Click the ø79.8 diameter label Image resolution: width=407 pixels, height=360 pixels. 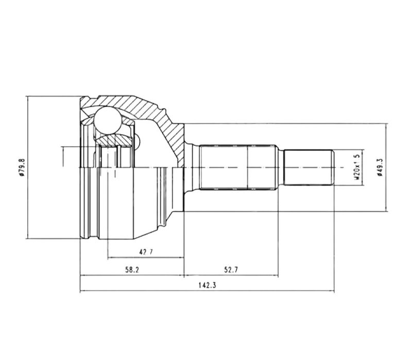22,167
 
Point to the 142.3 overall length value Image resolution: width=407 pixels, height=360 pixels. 207,285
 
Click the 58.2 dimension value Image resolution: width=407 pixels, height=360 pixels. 132,270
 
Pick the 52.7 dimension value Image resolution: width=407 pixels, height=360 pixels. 231,270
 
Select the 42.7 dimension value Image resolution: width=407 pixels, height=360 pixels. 146,252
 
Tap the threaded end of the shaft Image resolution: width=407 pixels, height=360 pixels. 309,167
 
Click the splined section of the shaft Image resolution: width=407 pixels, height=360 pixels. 237,167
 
